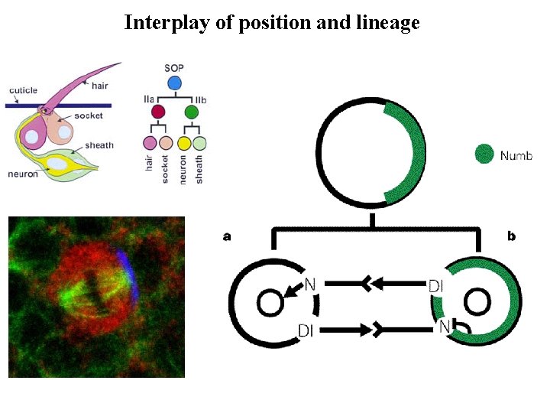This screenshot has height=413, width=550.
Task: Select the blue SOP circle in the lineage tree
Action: pyautogui.click(x=174, y=82)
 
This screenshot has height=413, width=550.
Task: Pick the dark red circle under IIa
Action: pyautogui.click(x=158, y=112)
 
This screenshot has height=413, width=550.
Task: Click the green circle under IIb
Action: pyautogui.click(x=192, y=112)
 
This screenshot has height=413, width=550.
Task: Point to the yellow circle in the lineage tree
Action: pyautogui.click(x=183, y=142)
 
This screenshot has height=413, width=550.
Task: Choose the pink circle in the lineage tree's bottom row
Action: pyautogui.click(x=150, y=142)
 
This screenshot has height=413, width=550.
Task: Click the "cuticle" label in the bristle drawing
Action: pyautogui.click(x=23, y=91)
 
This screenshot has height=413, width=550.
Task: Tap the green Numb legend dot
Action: pyautogui.click(x=484, y=154)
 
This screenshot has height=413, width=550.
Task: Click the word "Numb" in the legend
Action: pyautogui.click(x=516, y=155)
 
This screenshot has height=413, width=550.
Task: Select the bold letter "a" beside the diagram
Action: pyautogui.click(x=227, y=236)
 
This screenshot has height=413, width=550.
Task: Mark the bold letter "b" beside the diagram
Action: pyautogui.click(x=511, y=236)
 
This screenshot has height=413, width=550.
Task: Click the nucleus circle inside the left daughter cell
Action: pyautogui.click(x=270, y=303)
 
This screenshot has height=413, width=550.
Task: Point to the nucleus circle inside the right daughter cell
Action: pyautogui.click(x=477, y=303)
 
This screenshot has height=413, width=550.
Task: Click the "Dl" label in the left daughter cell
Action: pyautogui.click(x=306, y=330)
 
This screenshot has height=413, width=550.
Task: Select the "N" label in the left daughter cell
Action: pyautogui.click(x=310, y=285)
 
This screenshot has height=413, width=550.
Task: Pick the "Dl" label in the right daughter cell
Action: pyautogui.click(x=436, y=285)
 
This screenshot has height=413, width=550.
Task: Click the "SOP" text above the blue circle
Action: pyautogui.click(x=174, y=68)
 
